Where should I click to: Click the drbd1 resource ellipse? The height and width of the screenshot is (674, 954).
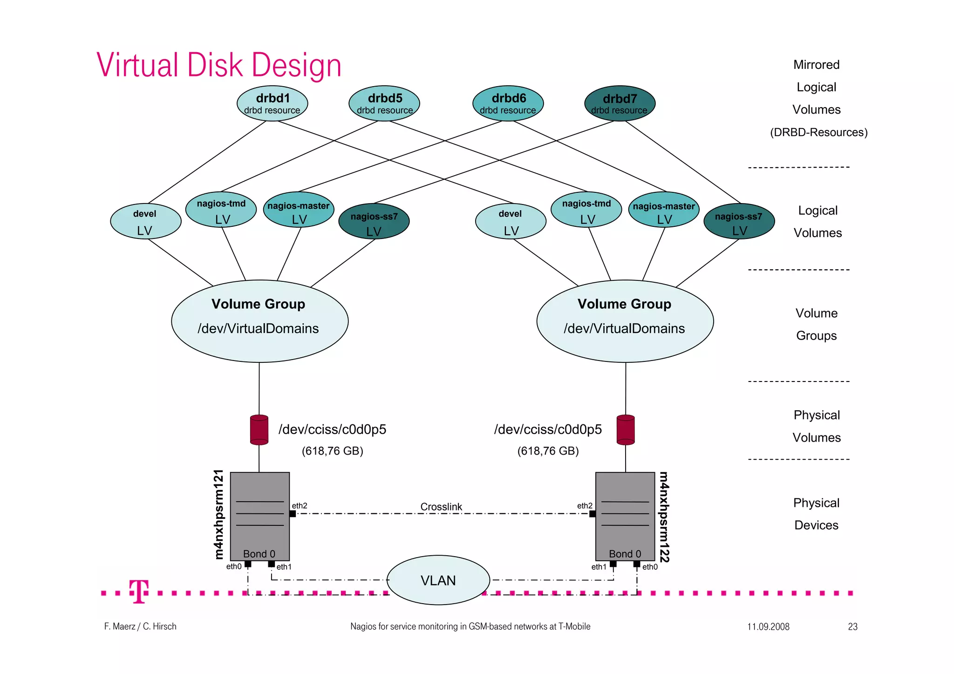(273, 103)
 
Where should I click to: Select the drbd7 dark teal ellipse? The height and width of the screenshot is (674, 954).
(620, 103)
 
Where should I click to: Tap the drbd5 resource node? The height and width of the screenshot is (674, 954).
(384, 103)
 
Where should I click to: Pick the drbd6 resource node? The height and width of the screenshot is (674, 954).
(508, 103)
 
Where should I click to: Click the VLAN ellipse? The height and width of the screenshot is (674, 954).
(438, 580)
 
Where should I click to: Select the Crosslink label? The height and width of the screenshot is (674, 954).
(441, 506)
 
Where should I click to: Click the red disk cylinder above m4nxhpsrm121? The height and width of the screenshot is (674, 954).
(259, 429)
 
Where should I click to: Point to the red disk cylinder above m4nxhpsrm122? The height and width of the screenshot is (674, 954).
(626, 429)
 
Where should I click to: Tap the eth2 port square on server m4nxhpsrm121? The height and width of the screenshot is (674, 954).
(293, 514)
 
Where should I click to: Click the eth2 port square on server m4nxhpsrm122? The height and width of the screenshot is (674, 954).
(593, 514)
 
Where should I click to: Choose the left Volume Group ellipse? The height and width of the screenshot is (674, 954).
(260, 321)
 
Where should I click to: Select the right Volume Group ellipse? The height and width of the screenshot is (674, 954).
(625, 321)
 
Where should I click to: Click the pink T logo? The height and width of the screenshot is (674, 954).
(139, 592)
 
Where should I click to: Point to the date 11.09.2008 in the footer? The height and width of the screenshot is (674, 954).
(768, 626)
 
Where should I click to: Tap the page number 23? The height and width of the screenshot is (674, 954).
(852, 626)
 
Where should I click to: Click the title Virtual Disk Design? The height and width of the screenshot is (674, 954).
(219, 65)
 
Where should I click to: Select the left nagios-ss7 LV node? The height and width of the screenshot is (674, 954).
(374, 221)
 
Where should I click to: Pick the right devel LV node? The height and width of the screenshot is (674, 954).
(511, 221)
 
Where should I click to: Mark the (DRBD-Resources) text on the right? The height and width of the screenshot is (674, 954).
(818, 132)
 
